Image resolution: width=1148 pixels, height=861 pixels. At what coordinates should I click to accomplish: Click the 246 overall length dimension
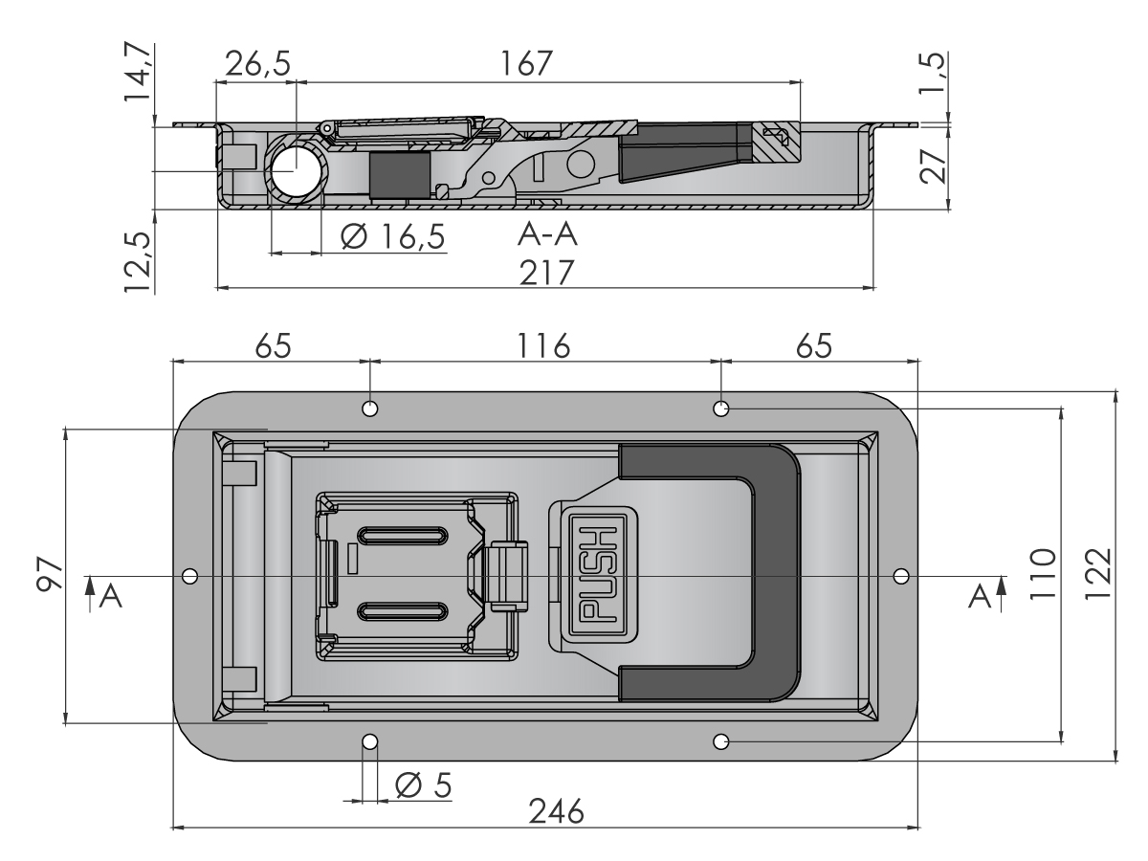coord(556,811)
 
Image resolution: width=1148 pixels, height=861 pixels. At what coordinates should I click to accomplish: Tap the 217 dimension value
coord(546,273)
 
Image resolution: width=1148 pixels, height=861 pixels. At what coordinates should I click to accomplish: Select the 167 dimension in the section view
coord(526,63)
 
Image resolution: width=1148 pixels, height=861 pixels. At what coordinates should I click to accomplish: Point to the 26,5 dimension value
coord(257,64)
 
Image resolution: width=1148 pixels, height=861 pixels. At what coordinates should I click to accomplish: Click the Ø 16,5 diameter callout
coord(392,236)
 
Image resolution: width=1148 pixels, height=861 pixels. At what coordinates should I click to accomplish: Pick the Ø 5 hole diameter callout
coord(423,784)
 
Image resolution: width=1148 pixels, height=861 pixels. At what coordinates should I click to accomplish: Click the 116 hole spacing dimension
coord(543,346)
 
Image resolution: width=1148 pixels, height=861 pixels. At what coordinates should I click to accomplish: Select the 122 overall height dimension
coord(1097,574)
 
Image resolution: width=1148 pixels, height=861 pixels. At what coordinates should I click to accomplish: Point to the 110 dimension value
coord(1043,574)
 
